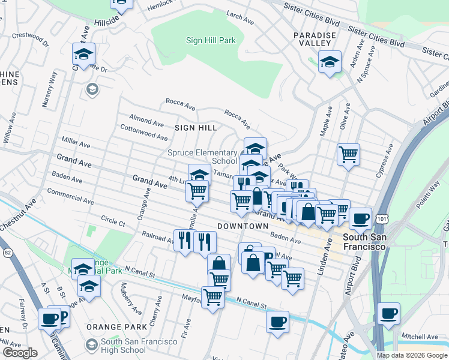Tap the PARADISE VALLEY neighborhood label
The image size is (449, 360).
[315, 40]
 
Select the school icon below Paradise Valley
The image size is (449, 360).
[330, 62]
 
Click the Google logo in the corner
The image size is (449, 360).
[20, 353]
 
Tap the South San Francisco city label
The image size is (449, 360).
[363, 242]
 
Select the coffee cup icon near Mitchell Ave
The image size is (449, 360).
[388, 313]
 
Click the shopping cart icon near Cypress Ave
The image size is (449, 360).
[348, 154]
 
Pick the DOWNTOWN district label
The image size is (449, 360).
[243, 226]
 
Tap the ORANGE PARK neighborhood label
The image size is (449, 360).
[116, 327]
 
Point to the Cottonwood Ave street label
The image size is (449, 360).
[143, 133]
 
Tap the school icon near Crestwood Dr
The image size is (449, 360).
[83, 54]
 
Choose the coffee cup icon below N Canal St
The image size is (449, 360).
[277, 322]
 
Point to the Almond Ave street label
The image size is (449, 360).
[145, 122]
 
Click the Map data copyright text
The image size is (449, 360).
[412, 355]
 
